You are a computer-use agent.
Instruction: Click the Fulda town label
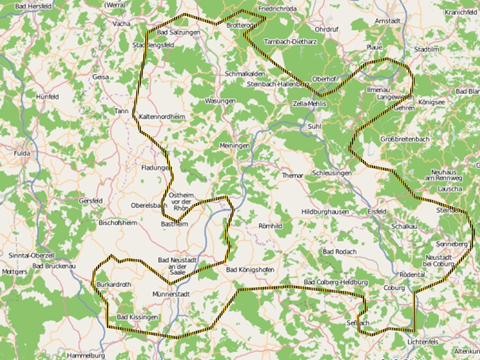[x=22, y=153]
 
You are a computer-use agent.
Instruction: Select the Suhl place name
[x=314, y=127]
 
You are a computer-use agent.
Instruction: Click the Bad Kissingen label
[x=137, y=317]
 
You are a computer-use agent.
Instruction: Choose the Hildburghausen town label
[x=324, y=212]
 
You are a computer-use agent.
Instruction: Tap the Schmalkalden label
[x=245, y=74]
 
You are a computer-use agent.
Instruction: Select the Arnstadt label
[x=388, y=21]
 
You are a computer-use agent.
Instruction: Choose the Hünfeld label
[x=47, y=96]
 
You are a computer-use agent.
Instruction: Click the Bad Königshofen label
[x=250, y=270]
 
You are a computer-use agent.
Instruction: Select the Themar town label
[x=291, y=175]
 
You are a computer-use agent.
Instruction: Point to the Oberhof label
[x=324, y=79]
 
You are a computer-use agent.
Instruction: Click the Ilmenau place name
[x=376, y=91]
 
